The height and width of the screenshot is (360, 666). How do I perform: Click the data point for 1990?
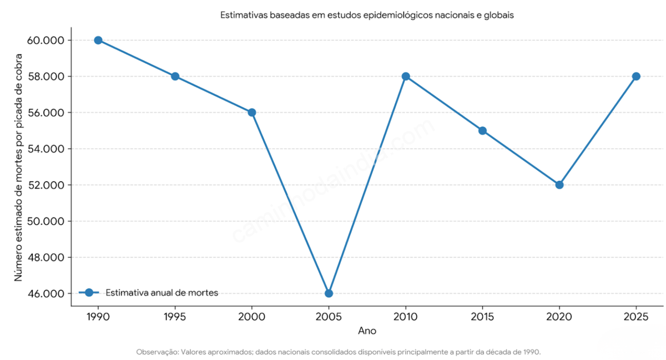[98, 40]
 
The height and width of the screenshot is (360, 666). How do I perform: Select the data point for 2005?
[329, 293]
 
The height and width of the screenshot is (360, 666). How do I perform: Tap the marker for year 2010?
[406, 76]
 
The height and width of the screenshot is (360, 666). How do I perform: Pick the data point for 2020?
[559, 185]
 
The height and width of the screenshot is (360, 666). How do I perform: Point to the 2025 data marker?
[636, 76]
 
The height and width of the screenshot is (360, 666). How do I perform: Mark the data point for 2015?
[482, 130]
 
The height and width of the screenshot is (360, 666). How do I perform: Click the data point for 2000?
[252, 112]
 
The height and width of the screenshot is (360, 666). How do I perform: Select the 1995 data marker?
[175, 76]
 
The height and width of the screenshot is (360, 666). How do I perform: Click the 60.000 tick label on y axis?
[46, 40]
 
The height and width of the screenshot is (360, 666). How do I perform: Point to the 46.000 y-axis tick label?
[46, 293]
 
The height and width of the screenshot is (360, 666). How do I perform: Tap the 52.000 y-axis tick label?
[46, 185]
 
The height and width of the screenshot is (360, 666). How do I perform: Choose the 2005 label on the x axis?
[329, 317]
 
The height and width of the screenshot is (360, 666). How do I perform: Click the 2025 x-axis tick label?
[636, 317]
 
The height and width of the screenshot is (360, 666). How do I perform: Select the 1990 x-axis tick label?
[98, 317]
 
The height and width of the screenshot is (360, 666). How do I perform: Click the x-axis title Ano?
[367, 331]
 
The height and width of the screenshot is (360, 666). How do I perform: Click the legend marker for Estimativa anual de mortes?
[89, 292]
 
